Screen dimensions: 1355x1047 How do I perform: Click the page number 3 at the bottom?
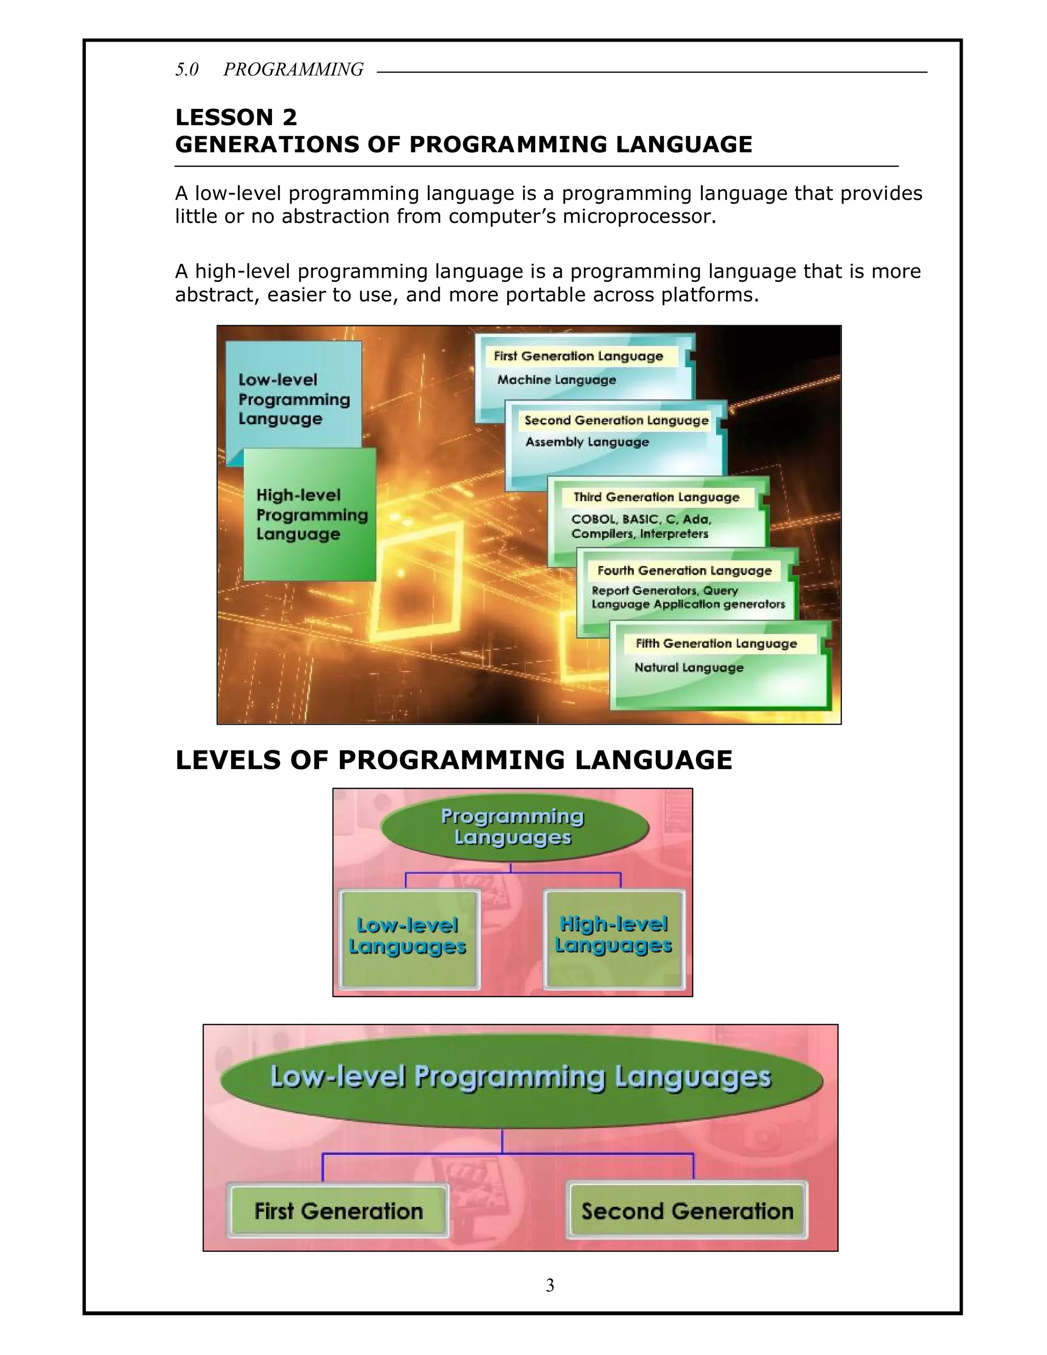point(550,1285)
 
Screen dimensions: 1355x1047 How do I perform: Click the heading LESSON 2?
point(236,117)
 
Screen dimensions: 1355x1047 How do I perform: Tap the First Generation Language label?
point(578,356)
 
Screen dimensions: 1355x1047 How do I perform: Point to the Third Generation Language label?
point(656,497)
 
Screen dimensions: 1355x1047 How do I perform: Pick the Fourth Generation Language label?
point(684,570)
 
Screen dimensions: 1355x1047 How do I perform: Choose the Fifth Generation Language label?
point(716,643)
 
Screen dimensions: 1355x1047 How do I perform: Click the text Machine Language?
point(556,380)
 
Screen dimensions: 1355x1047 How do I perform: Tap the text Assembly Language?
point(587,442)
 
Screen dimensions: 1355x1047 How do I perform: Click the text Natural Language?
point(689,668)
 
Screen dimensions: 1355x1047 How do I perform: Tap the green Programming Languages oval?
point(513,827)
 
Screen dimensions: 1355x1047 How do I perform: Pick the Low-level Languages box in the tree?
point(407,938)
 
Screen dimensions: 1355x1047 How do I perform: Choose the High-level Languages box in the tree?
point(613,937)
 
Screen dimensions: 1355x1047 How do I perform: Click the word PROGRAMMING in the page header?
point(293,70)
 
